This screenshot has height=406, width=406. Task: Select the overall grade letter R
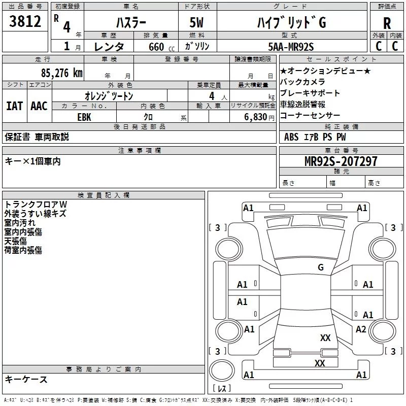[387, 23]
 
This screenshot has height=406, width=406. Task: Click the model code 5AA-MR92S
[291, 47]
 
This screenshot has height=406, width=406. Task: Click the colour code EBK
[84, 116]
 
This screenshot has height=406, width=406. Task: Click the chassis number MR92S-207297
[341, 161]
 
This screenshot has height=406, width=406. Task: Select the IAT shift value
[14, 106]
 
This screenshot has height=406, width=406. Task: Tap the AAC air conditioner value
[39, 106]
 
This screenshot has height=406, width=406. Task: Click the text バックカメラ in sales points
[302, 82]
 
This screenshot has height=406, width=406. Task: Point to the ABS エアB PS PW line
[315, 137]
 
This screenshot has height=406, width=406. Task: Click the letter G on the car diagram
[320, 267]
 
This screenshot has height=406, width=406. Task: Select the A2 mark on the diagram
[361, 329]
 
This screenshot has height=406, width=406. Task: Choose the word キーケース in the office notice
[26, 380]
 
